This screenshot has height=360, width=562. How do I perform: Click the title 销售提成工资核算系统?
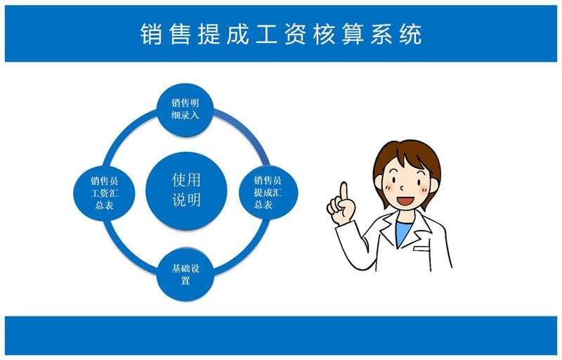point(280,34)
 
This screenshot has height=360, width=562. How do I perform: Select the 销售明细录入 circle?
point(185,110)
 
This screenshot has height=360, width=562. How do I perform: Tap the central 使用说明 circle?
point(186,191)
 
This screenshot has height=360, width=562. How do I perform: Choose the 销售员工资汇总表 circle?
point(104,193)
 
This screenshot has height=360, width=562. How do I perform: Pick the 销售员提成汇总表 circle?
point(268,193)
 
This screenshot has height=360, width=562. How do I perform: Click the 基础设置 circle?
point(185,274)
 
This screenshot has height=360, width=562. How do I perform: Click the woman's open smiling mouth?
point(406,200)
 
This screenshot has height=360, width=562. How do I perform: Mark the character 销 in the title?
point(151,34)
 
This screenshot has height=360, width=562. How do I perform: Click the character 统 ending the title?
point(411,34)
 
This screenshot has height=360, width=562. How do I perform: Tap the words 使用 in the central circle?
point(186,180)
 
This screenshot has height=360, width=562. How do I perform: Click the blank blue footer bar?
point(280,335)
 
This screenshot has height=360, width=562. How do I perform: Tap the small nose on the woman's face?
point(402,188)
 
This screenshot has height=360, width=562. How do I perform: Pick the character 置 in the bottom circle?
point(185,281)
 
